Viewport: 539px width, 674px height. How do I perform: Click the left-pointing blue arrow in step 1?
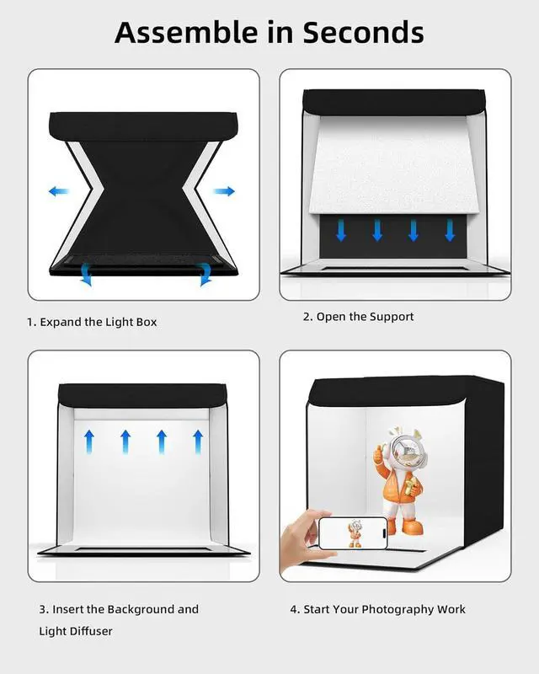58,192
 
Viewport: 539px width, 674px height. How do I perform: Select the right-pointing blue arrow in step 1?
224,192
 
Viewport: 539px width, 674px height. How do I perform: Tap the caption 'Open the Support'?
365,317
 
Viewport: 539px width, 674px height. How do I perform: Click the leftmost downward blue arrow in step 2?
341,230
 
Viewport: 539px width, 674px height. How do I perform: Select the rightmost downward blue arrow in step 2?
450,230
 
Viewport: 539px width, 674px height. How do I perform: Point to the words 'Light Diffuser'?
76,631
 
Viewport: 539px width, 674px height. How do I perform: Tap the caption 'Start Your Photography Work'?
383,609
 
